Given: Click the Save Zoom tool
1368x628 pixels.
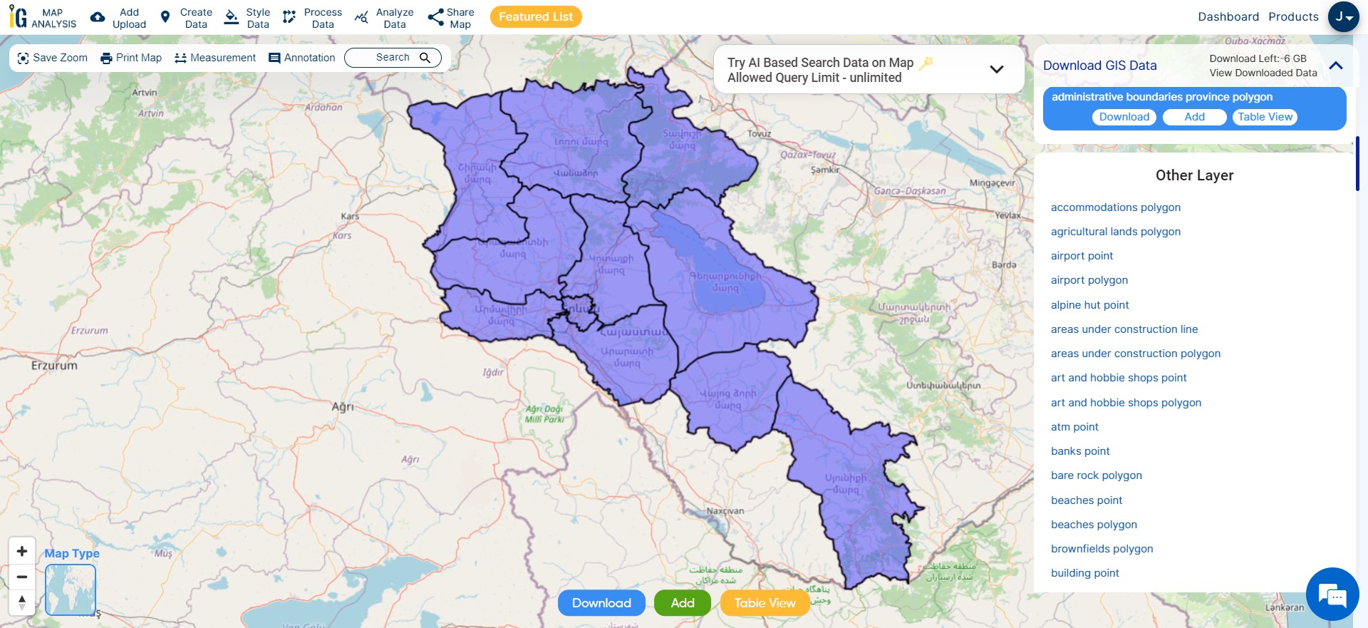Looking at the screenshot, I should coord(52,58).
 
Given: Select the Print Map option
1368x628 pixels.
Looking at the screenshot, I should coord(131,58).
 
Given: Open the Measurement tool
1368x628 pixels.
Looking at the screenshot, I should coord(214,58).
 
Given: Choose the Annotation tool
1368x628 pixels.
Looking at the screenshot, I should coord(301,58).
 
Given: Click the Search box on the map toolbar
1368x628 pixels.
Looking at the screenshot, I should coord(393,58).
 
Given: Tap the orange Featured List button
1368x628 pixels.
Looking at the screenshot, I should coord(536,17).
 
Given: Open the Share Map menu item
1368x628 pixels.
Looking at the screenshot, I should coord(451,18).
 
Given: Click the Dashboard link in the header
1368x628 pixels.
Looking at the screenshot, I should coord(1228,17).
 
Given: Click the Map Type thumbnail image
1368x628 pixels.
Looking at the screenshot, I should coord(71,590).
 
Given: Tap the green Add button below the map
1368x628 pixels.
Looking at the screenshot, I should coord(682,603).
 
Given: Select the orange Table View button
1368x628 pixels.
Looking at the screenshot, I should coord(765,603).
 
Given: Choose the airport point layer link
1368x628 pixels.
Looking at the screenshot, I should coord(1082,256).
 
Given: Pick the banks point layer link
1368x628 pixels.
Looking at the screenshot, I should coord(1080,451).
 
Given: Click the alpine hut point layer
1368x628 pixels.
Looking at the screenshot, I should coord(1089,305).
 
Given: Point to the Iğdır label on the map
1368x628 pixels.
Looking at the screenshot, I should coord(493,372).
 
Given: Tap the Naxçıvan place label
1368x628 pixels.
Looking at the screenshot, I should coord(725,511).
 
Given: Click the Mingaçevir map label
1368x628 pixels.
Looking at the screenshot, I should coord(992,183).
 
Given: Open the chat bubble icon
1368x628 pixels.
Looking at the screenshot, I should coord(1332,594).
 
